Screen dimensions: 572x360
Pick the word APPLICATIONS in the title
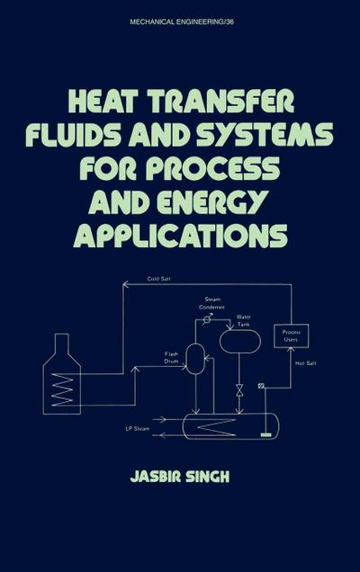point(181,237)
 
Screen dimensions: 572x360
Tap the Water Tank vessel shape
point(239,340)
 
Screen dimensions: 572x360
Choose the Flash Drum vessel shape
point(194,358)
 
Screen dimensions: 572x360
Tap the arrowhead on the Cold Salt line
point(125,284)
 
